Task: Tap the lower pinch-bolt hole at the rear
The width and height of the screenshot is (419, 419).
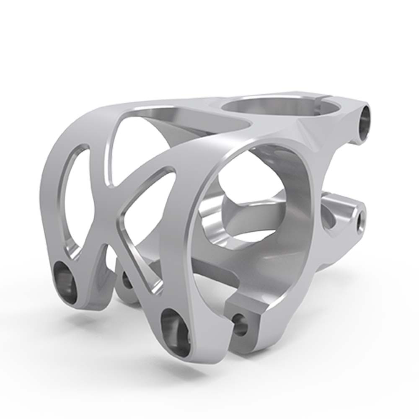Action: coord(360,221)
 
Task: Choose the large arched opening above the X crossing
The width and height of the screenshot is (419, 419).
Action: coord(138,142)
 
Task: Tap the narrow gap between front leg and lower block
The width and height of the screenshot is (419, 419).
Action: coord(230,331)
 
